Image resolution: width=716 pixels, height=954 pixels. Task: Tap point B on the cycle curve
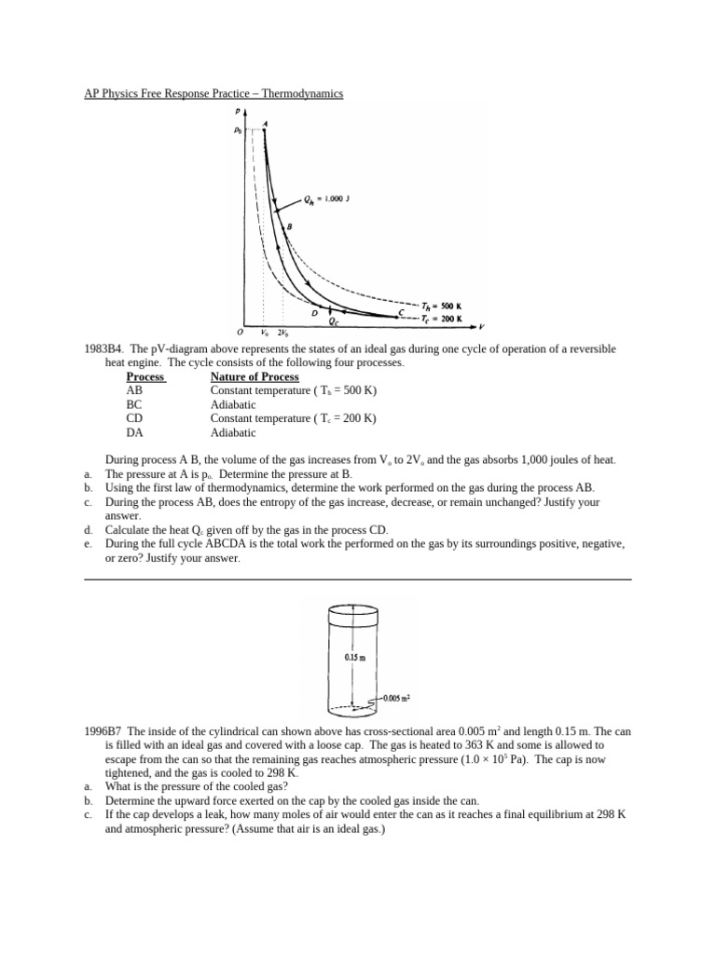289,226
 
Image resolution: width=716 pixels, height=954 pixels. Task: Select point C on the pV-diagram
401,313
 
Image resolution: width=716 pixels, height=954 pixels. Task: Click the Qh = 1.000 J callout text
327,198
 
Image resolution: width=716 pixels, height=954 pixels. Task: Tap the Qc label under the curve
334,321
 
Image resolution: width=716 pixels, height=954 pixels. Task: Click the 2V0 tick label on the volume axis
282,333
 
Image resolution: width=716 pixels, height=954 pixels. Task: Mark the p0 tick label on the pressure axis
238,131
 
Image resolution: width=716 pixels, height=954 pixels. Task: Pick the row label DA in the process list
134,432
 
